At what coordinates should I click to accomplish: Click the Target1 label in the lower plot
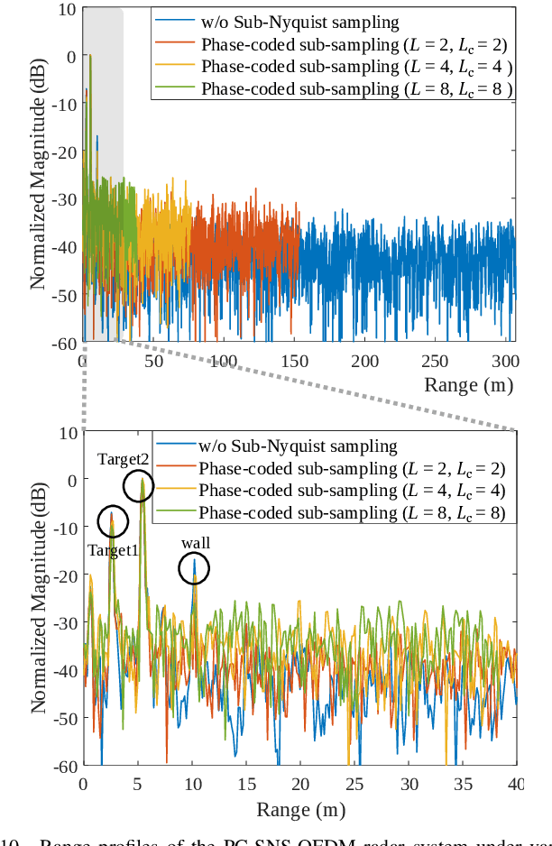click(x=113, y=550)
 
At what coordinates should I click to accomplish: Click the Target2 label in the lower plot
click(x=124, y=459)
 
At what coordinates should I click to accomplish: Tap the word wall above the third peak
click(x=195, y=544)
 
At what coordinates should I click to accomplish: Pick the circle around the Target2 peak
click(x=139, y=486)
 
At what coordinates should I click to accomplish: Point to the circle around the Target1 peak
click(x=113, y=520)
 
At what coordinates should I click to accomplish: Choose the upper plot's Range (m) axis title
click(x=465, y=385)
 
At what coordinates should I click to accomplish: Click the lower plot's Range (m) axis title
click(x=299, y=809)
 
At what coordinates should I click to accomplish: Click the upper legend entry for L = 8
click(x=356, y=88)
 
